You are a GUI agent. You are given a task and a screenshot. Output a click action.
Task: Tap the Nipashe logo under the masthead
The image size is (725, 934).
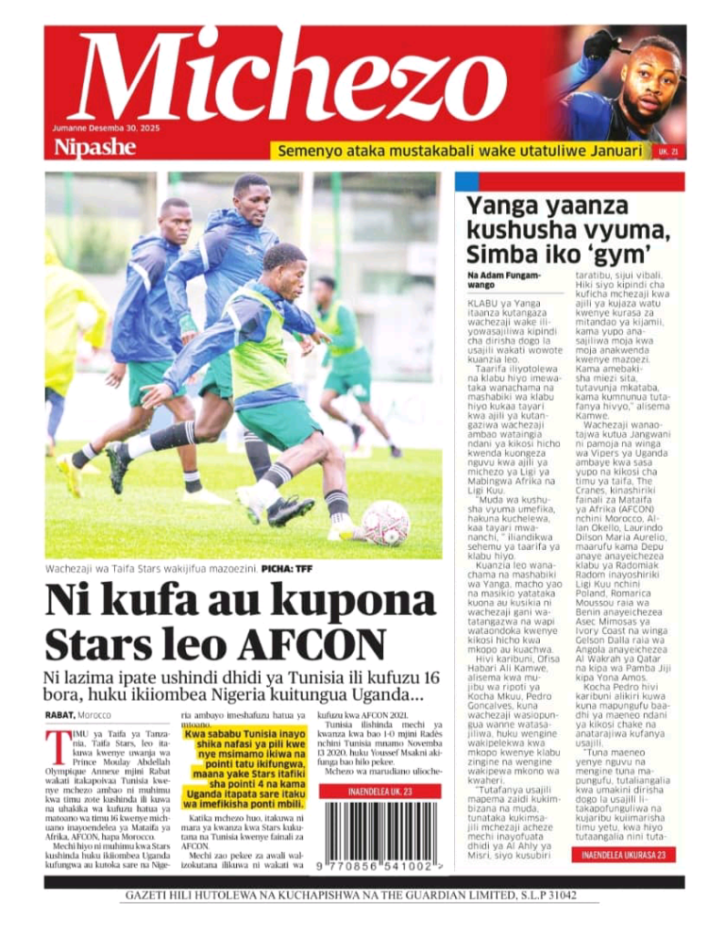point(95,148)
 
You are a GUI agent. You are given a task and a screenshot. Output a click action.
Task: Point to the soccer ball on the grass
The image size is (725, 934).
point(386,523)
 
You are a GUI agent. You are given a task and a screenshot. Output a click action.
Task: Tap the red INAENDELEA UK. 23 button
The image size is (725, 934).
point(376,791)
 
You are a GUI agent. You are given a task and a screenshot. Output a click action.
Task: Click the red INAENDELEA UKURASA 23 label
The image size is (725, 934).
point(625,855)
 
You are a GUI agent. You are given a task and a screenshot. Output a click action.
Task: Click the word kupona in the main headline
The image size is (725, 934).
point(346,601)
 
